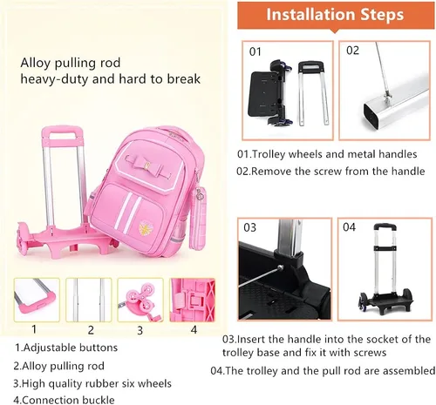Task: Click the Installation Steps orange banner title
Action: point(335,15)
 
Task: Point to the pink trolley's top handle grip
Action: point(62,132)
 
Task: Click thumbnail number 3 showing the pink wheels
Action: point(140,300)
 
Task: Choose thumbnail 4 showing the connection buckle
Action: point(193,300)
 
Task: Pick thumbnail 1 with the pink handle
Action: point(37,300)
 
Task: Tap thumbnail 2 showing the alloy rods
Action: point(89,300)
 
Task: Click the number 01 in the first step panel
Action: point(255,51)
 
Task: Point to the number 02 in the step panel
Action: point(352,51)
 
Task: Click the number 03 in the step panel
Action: point(250,227)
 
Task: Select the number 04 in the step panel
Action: point(349,226)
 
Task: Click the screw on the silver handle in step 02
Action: point(386,96)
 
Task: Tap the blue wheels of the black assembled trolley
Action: point(364,302)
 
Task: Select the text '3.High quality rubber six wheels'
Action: point(92,384)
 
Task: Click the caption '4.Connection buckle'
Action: point(64,400)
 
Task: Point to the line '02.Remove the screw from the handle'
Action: point(330,171)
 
